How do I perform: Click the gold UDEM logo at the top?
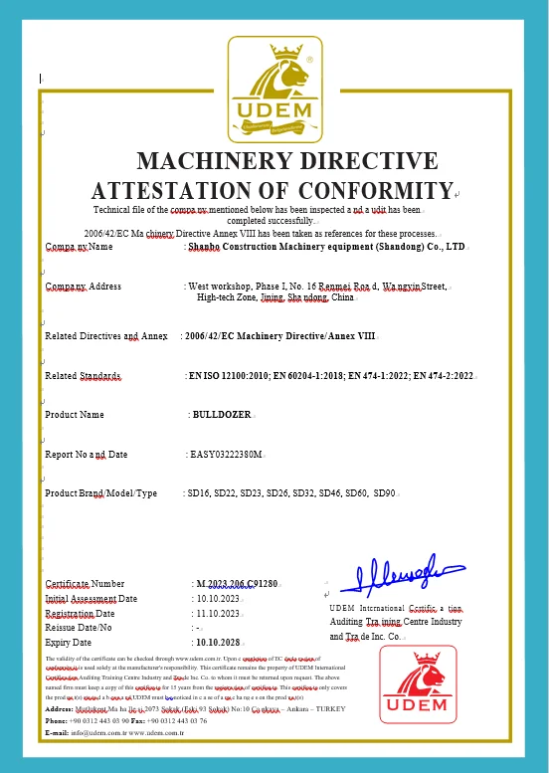[274, 90]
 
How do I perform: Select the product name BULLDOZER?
[223, 415]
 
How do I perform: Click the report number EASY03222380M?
[227, 455]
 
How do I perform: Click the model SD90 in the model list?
[384, 493]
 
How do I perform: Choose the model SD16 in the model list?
[199, 493]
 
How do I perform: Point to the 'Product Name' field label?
[75, 415]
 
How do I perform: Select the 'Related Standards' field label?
[84, 376]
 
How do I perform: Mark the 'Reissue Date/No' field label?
[80, 628]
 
